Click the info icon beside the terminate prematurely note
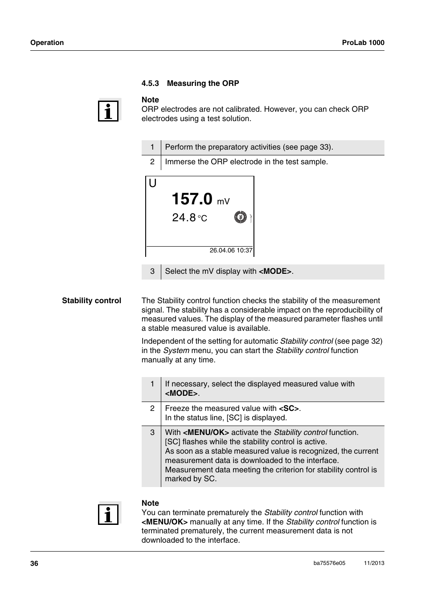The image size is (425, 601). pos(109,514)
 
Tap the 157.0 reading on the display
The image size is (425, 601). pos(192,199)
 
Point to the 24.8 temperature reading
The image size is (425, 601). pos(184,218)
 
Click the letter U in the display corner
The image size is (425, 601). pos(153,183)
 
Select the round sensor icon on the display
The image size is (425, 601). pos(240,217)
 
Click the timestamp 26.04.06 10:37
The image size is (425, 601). pos(231,251)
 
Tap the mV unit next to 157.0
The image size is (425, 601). pos(223,202)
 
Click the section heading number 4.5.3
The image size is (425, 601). pos(150,83)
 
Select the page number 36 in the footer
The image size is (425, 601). pos(34,564)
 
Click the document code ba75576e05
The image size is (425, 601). pos(329,563)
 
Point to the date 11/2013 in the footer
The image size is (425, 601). pos(374,563)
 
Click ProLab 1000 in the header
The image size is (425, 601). pos(363,43)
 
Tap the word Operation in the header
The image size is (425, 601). pos(47,43)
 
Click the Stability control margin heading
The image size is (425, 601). pos(91,301)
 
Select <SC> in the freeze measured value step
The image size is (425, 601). pos(289,409)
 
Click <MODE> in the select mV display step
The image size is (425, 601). pos(275,272)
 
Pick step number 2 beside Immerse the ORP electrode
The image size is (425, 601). pos(152,162)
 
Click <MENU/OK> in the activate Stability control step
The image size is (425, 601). pos(206,433)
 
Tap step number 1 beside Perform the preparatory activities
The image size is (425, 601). pos(152,147)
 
